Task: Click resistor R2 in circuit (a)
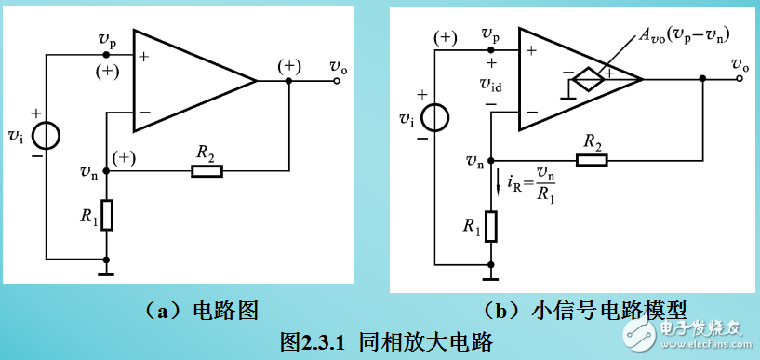pyautogui.click(x=207, y=171)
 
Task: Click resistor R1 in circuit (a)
pyautogui.click(x=107, y=215)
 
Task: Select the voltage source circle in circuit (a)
pyautogui.click(x=46, y=136)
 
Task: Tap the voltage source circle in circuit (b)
pyautogui.click(x=434, y=118)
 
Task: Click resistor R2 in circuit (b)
pyautogui.click(x=592, y=160)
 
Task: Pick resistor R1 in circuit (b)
pyautogui.click(x=490, y=224)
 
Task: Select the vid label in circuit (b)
pyautogui.click(x=491, y=84)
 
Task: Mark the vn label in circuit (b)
pyautogui.click(x=474, y=161)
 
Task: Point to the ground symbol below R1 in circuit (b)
pyautogui.click(x=490, y=272)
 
